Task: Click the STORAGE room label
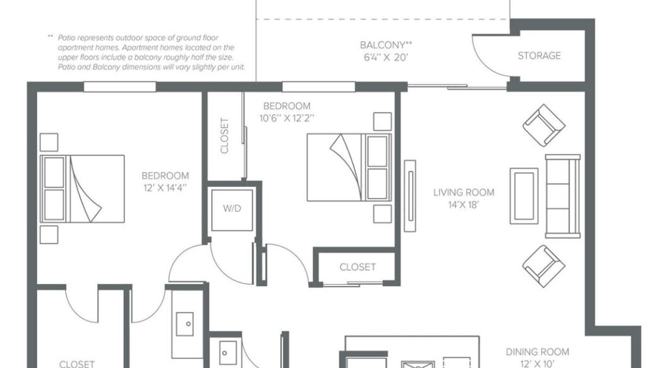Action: [539, 56]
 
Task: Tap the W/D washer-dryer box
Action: [232, 210]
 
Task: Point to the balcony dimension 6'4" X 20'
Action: [385, 58]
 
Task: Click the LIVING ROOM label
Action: [463, 193]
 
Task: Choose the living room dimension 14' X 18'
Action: [463, 205]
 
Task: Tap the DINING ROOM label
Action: [537, 352]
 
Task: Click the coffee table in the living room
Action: [524, 196]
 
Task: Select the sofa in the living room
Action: [563, 196]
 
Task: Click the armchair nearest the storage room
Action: [544, 125]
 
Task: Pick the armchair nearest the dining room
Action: [544, 266]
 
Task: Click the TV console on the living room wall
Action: [410, 196]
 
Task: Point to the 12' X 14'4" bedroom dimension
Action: [165, 188]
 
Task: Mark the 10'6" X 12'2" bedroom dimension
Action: [287, 118]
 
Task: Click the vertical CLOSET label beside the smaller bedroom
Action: [224, 136]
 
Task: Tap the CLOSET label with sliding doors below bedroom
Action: [358, 267]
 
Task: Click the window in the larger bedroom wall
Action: [120, 87]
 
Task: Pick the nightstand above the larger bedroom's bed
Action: [49, 142]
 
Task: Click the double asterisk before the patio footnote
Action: [51, 37]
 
